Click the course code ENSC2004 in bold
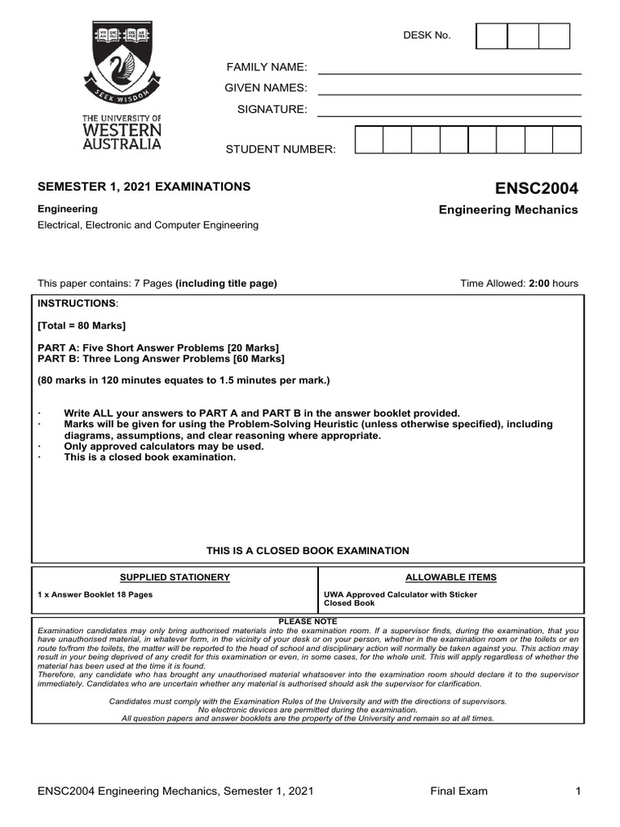click(x=537, y=188)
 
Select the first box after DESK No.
click(x=492, y=36)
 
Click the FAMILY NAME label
click(x=266, y=66)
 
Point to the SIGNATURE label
click(x=271, y=109)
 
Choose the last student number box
click(x=566, y=140)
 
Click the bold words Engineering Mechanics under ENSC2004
click(x=508, y=210)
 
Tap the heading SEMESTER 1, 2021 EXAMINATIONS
click(x=145, y=187)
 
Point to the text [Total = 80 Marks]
click(x=82, y=325)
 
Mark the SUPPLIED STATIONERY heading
click(x=174, y=577)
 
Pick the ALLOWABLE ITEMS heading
click(x=450, y=577)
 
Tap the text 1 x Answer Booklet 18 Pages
click(x=95, y=594)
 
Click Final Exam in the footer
click(x=459, y=791)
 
